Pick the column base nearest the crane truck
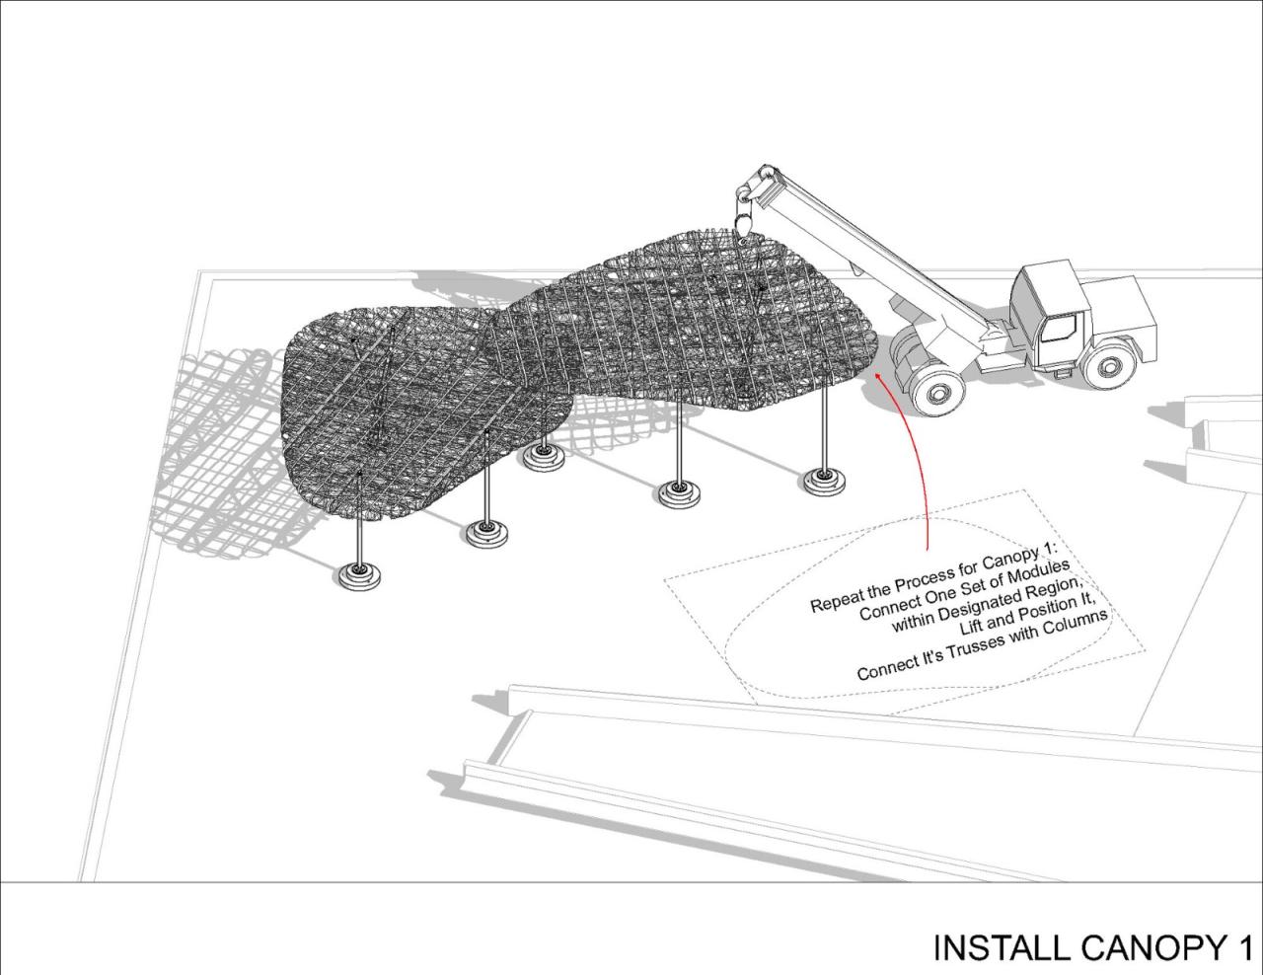(x=823, y=481)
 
